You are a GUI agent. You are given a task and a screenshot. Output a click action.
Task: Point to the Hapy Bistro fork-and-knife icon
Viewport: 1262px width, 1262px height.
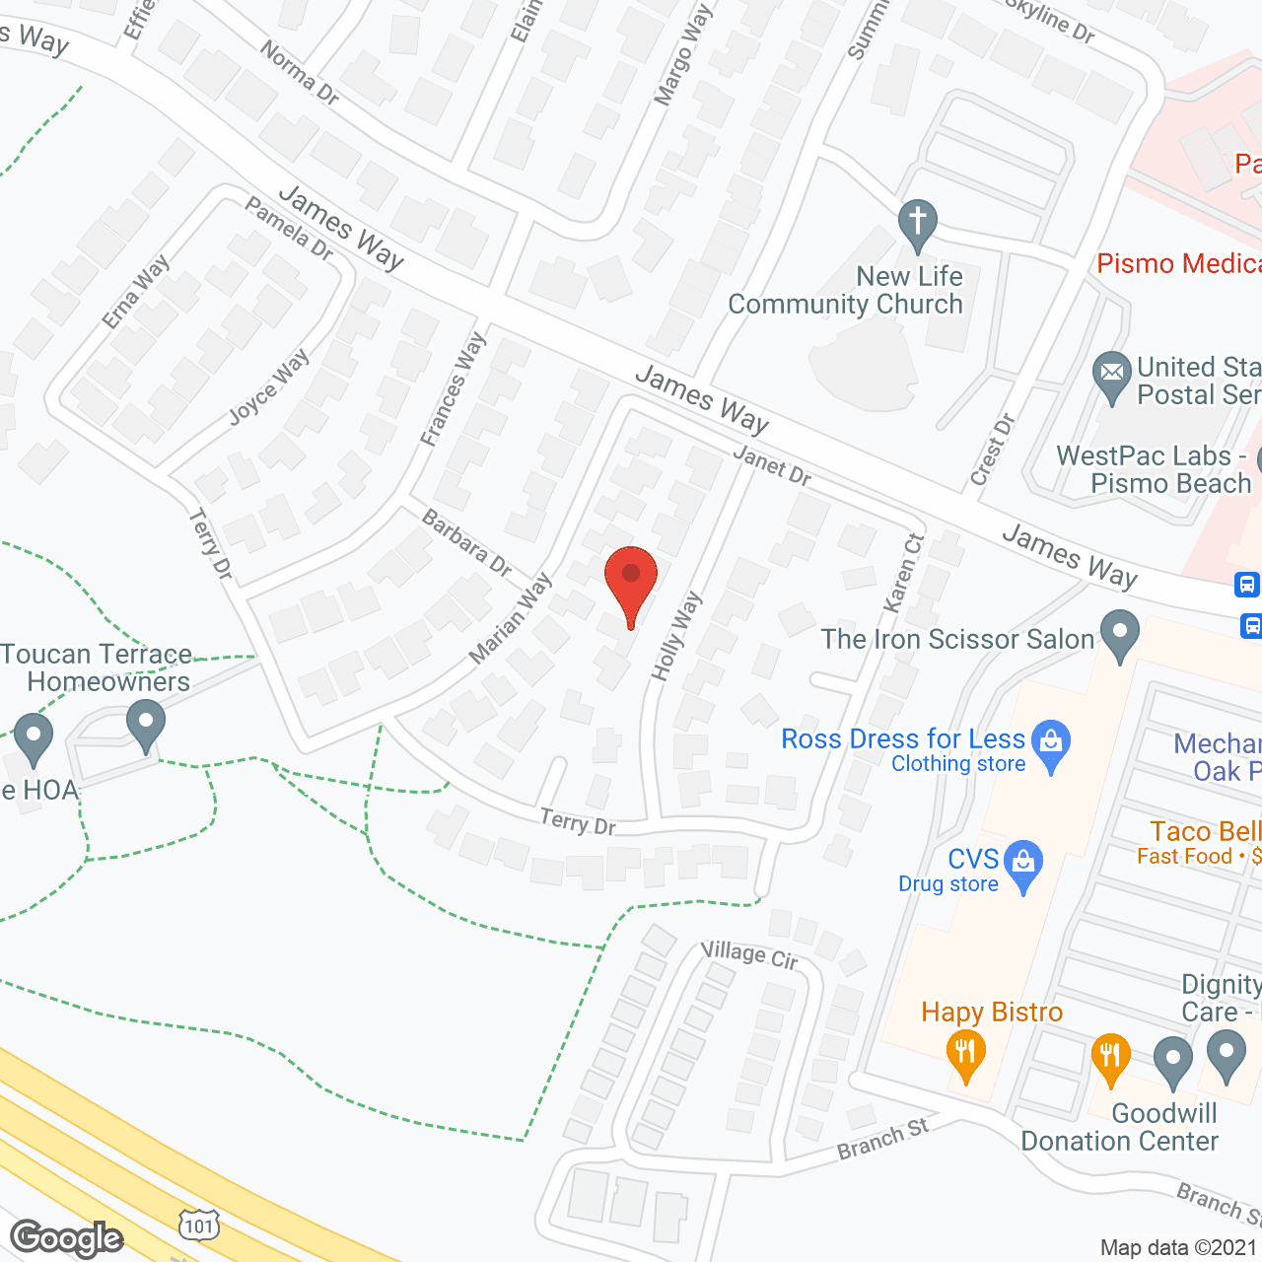pos(965,1053)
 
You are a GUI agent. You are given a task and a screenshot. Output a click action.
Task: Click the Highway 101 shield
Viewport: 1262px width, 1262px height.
pos(199,1226)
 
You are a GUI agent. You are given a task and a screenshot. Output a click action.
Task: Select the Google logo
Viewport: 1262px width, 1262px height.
pos(67,1238)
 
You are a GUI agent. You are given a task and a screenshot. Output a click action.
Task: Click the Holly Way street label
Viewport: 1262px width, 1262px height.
pos(676,636)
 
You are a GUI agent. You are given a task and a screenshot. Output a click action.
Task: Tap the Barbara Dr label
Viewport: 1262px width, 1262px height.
pos(466,542)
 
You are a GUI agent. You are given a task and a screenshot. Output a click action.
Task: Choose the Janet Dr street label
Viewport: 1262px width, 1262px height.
pos(772,464)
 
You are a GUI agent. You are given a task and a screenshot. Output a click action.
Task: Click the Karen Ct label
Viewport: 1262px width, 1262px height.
pos(903,573)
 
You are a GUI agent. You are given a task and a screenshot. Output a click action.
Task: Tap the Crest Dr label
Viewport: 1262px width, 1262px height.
pos(992,451)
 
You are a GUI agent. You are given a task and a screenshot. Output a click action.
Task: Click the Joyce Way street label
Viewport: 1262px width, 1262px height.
pos(268,387)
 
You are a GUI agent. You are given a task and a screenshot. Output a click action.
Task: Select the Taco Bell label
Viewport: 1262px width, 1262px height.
pos(1205,831)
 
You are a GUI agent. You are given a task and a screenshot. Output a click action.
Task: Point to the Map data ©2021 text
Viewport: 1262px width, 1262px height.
pos(1179,1248)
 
